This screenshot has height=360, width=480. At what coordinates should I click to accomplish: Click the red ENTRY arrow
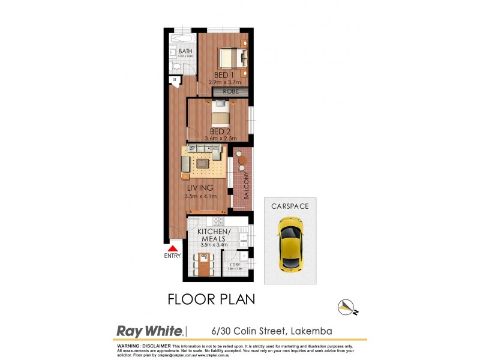(173, 248)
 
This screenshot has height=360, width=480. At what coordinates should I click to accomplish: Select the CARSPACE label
(290, 206)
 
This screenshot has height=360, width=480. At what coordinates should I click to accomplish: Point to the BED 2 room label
(220, 131)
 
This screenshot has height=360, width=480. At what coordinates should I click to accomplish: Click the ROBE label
(231, 91)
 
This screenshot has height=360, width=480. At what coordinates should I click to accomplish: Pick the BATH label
(185, 52)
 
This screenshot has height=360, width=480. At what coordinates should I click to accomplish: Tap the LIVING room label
(199, 188)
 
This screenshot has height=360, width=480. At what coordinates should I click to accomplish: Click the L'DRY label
(235, 264)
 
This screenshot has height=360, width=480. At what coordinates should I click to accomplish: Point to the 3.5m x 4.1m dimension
(200, 196)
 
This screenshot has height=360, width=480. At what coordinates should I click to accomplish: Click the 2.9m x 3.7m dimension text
(224, 82)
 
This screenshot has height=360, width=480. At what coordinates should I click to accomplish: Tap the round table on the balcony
(241, 160)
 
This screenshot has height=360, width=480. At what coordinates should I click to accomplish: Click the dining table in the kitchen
(204, 264)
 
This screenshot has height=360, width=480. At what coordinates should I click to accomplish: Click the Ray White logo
(150, 331)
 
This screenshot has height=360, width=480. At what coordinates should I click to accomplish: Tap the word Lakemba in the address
(312, 331)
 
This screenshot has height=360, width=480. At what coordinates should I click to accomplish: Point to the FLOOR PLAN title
(211, 299)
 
